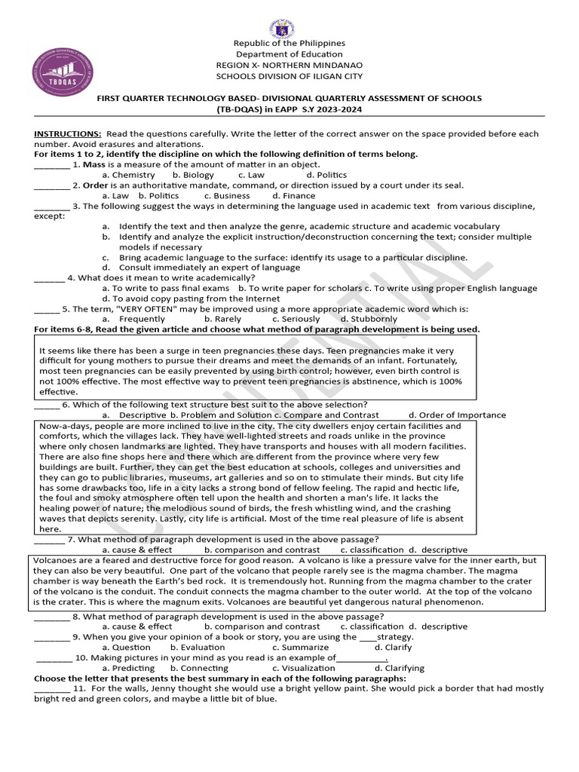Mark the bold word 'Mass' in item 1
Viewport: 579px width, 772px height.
click(x=93, y=164)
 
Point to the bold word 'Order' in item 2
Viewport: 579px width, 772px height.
click(x=96, y=185)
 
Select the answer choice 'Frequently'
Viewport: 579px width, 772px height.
click(x=142, y=319)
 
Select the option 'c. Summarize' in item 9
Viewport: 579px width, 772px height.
click(x=300, y=647)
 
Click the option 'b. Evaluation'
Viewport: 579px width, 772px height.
click(x=198, y=647)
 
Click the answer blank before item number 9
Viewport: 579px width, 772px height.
click(x=51, y=637)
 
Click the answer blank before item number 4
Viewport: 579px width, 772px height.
click(x=49, y=277)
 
